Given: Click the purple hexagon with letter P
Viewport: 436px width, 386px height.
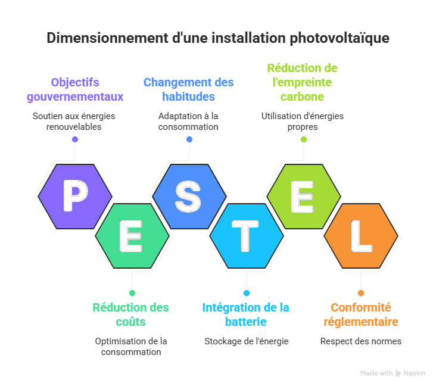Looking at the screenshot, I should tap(75, 197).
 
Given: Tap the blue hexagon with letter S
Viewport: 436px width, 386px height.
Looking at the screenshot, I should tap(189, 197).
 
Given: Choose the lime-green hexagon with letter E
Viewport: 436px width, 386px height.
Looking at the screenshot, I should tap(303, 197).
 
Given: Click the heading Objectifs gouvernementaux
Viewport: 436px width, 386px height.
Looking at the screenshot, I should tap(75, 89).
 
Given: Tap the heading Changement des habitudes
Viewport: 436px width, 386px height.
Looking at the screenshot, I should tap(188, 89).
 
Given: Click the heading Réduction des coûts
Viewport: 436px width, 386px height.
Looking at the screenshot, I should tap(131, 315).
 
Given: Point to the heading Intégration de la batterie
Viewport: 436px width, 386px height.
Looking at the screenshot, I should tap(245, 315).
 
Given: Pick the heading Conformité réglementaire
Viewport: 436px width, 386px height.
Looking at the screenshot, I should tap(361, 315).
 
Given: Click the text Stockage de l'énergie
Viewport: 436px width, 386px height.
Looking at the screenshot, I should tap(246, 341).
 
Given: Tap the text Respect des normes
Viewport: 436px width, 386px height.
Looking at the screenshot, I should tap(360, 341).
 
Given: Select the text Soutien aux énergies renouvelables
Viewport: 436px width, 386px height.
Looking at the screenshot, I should tap(74, 121).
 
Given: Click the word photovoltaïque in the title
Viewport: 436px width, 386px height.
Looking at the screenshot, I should tap(339, 39).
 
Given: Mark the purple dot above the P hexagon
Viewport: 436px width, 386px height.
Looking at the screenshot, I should tap(75, 139).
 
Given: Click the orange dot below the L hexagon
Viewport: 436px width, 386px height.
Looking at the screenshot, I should tap(360, 293).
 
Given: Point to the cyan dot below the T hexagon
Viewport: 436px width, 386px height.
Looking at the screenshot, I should tap(246, 293).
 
